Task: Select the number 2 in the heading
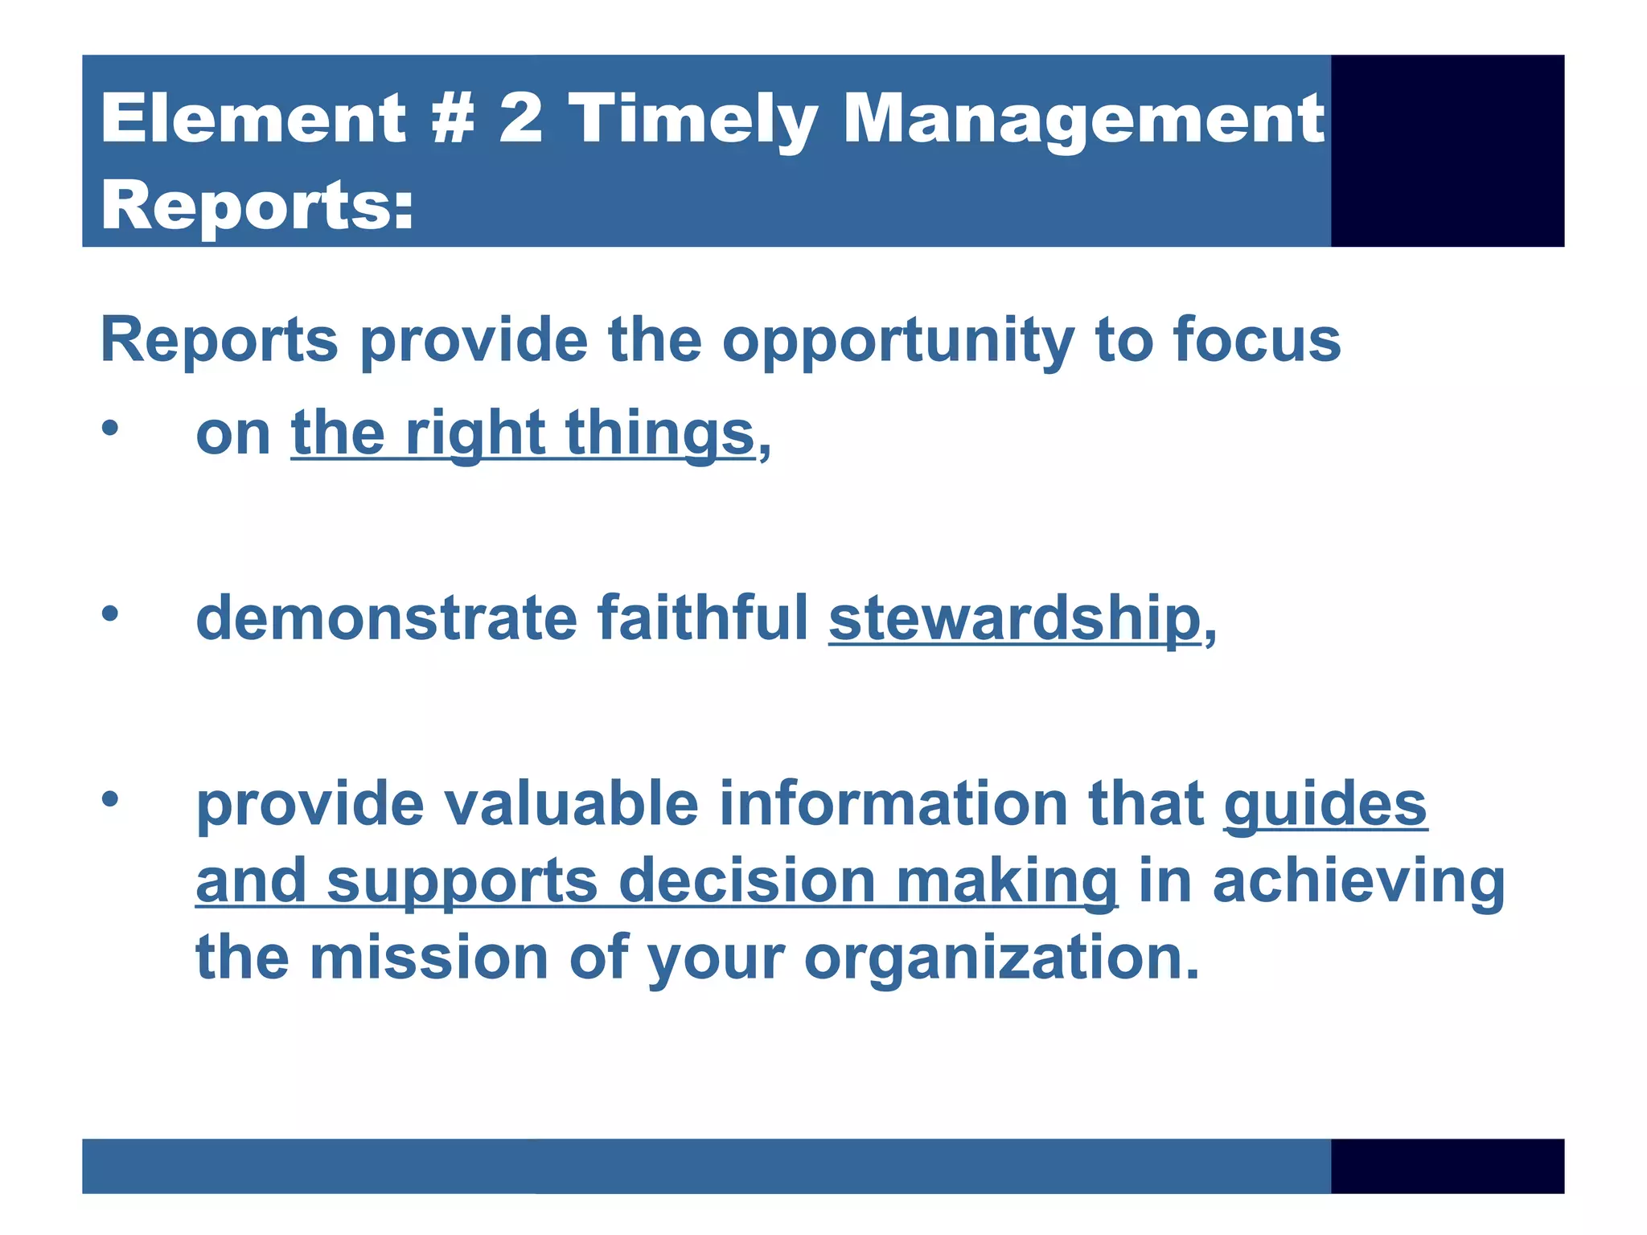coord(520,119)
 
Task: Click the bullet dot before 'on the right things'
coord(110,429)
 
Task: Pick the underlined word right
coord(475,434)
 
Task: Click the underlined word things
coord(659,434)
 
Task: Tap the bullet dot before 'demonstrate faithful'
coord(110,614)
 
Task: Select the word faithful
coord(702,617)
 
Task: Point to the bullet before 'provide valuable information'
coord(110,799)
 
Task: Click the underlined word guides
coord(1325,804)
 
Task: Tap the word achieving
coord(1358,882)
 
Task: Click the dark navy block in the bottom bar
coord(1447,1166)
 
